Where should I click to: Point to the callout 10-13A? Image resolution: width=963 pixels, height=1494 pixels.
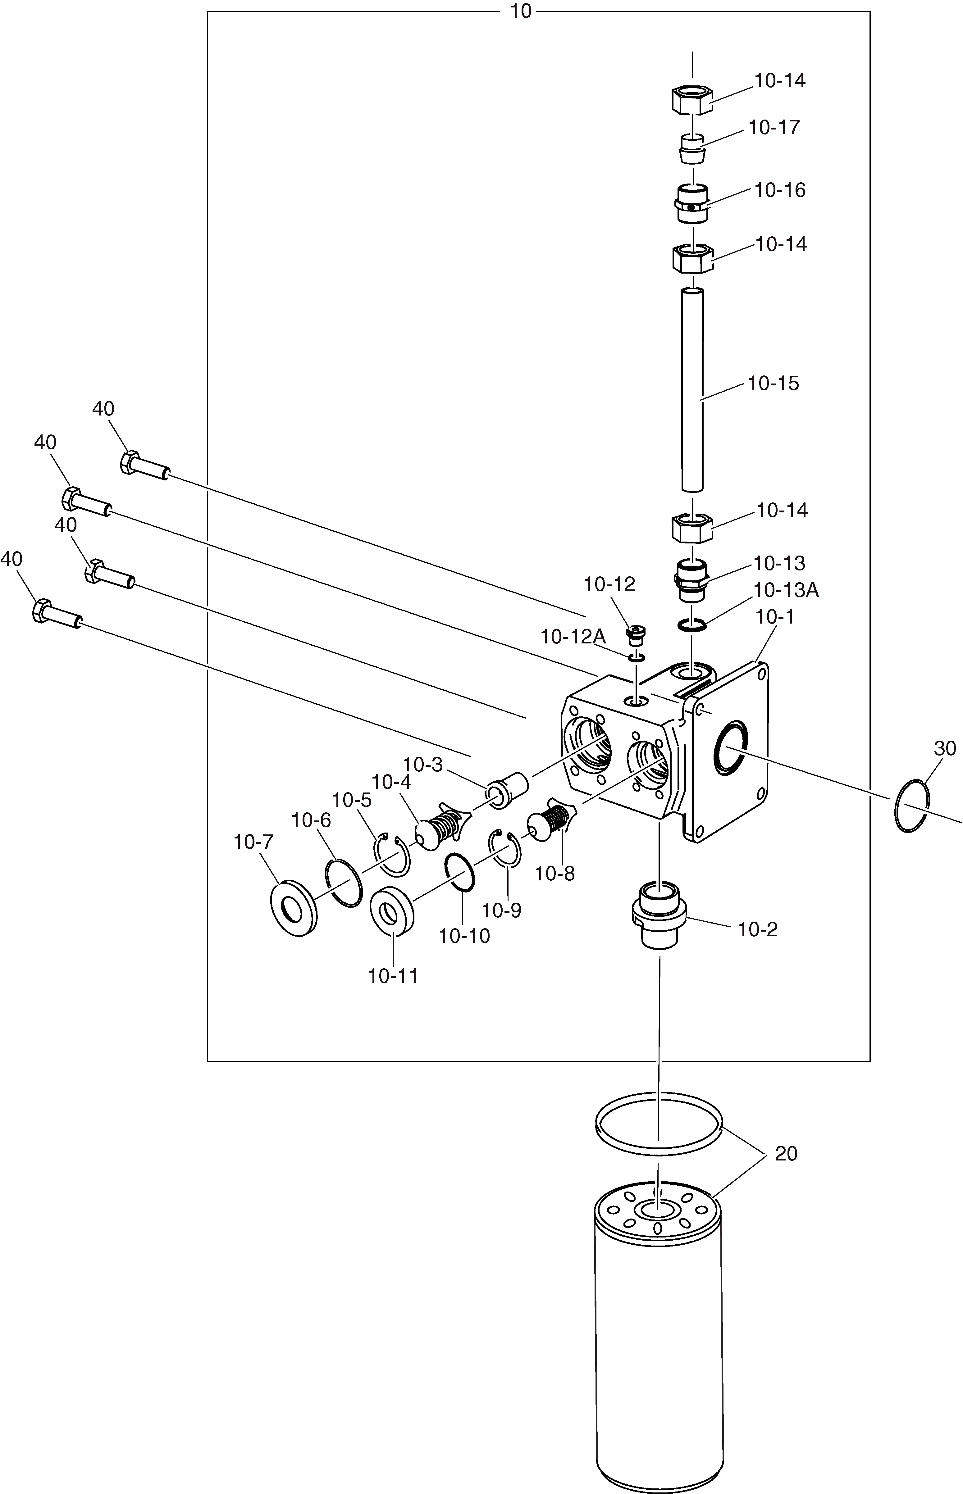pyautogui.click(x=786, y=590)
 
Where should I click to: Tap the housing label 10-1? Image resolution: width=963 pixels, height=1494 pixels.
pyautogui.click(x=775, y=617)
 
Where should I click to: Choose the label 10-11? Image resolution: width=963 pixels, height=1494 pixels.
pyautogui.click(x=393, y=976)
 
